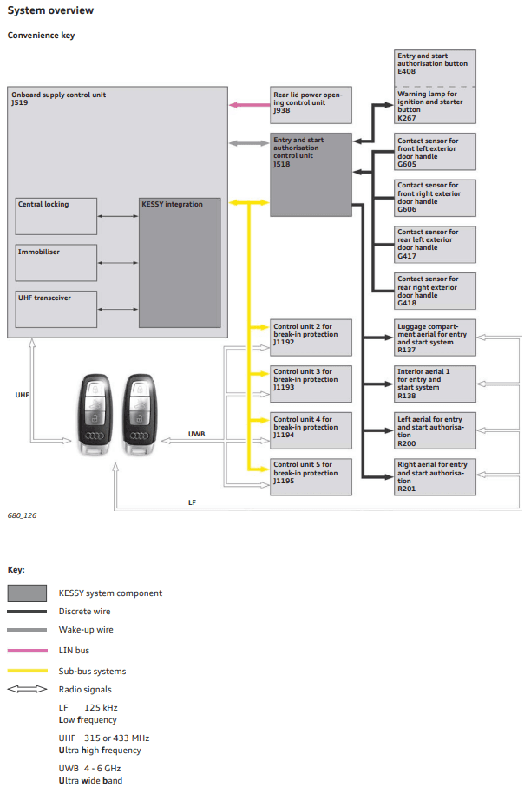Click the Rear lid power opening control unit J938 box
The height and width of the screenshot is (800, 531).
pos(311,104)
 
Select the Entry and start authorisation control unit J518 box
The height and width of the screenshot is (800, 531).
pos(311,174)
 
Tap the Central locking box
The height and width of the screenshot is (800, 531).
pos(56,215)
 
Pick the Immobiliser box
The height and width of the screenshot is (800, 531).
pos(56,262)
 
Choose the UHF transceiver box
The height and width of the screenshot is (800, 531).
pos(56,309)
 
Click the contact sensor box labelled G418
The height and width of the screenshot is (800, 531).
pos(435,291)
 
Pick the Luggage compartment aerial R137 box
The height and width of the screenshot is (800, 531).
pos(435,337)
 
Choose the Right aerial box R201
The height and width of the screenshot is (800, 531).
pos(435,476)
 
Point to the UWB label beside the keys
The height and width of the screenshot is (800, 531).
pos(197,433)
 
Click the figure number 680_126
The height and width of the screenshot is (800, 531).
pos(22,515)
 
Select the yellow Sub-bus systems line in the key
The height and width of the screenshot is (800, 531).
pos(27,671)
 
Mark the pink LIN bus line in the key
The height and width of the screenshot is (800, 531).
pos(27,650)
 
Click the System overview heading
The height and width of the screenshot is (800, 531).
pos(50,10)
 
